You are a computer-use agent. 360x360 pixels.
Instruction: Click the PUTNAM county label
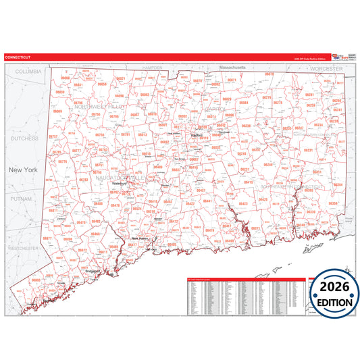[x=22, y=199]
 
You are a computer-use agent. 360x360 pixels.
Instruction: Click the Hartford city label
[x=197, y=135]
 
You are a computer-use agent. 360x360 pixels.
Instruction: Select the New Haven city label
[x=139, y=238]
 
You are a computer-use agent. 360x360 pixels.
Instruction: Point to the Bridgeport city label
[x=93, y=271]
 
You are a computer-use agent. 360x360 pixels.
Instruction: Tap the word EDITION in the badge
[x=332, y=302]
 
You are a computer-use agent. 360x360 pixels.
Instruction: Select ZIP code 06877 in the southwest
[x=47, y=238]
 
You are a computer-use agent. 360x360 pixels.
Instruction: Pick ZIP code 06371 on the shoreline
[x=255, y=229]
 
